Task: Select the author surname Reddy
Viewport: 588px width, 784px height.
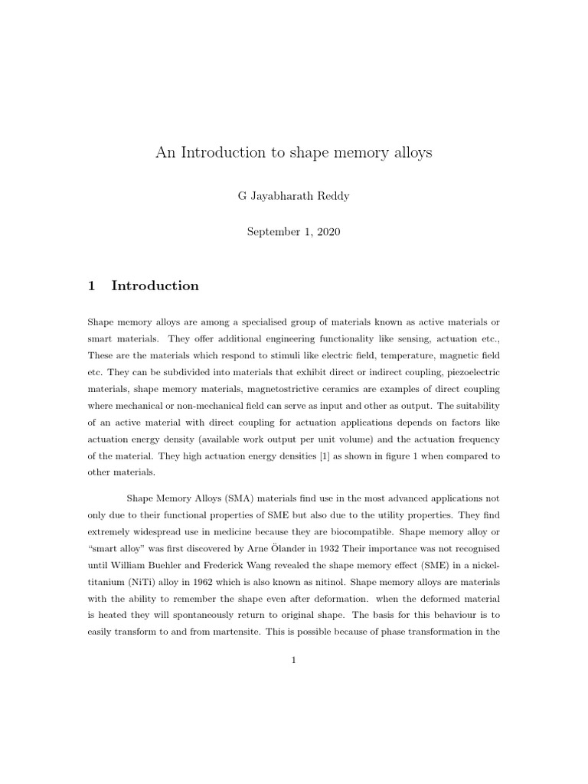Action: click(330, 197)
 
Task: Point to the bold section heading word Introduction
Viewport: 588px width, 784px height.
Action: click(155, 286)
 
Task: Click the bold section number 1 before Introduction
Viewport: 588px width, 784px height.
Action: click(92, 286)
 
